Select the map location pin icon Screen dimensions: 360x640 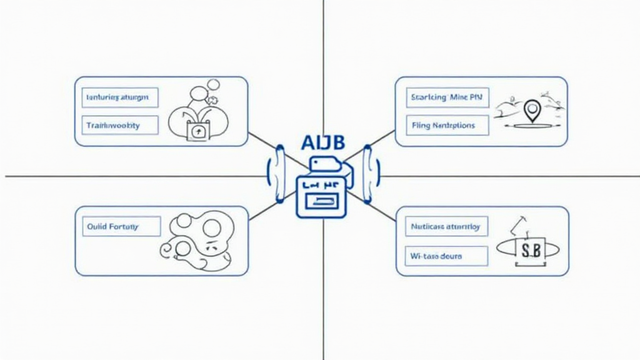coord(532,111)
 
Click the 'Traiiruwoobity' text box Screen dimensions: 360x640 coord(120,126)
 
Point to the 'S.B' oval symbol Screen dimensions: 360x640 coord(528,249)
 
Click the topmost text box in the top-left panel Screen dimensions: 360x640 coord(120,97)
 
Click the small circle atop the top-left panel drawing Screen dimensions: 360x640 coord(213,84)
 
